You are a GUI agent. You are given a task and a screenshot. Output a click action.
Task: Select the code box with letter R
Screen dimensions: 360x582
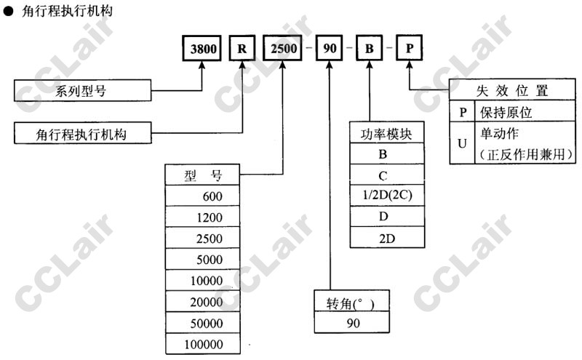[242, 49]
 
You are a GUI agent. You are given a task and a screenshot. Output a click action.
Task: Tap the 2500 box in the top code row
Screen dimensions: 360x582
[280, 49]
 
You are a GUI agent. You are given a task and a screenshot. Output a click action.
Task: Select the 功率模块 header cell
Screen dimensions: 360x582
[386, 134]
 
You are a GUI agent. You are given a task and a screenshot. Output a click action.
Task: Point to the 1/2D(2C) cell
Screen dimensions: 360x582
[386, 196]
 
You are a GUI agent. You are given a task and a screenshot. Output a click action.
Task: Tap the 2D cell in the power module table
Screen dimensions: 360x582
[386, 239]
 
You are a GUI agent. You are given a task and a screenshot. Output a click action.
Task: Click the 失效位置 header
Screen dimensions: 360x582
[511, 90]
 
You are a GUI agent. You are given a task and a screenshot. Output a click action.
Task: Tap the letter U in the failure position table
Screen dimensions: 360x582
[461, 143]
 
